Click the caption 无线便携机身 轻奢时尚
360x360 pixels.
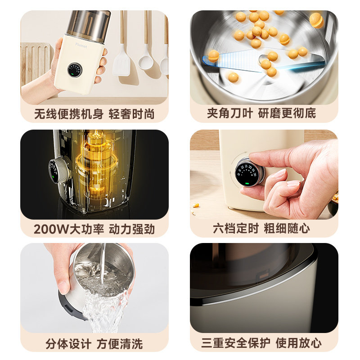pyautogui.click(x=94, y=114)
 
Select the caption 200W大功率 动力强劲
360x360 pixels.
pyautogui.click(x=94, y=229)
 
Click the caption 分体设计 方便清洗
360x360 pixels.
pyautogui.click(x=94, y=344)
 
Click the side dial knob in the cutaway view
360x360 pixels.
pyautogui.click(x=57, y=170)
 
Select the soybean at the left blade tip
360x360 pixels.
pyautogui.click(x=213, y=56)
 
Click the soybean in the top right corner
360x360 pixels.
pyautogui.click(x=316, y=20)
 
